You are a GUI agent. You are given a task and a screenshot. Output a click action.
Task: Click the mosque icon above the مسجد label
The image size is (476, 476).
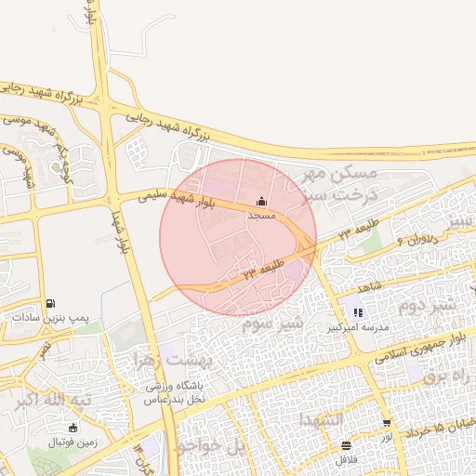[x=261, y=202]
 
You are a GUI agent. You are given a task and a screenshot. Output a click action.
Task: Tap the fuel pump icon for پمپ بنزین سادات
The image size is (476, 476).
[x=49, y=303]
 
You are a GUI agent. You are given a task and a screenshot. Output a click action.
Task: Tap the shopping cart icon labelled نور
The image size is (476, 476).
[x=387, y=424]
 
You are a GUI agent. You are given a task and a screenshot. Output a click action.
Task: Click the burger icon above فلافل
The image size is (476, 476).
[x=347, y=445]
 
